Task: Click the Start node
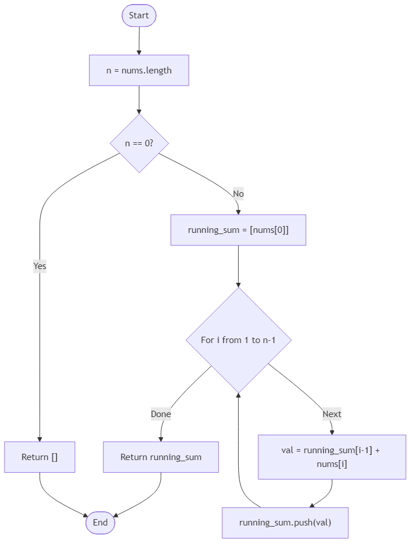coord(139,15)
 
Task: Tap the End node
coord(100,523)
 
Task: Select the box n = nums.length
coord(139,71)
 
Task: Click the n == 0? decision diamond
coord(139,143)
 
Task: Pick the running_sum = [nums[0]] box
coord(238,230)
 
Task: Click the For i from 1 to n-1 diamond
coord(238,340)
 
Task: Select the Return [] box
coord(40,457)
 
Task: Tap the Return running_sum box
coord(161,457)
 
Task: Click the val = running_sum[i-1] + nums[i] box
coord(331,457)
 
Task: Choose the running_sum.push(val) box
coord(285,523)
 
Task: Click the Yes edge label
coord(40,266)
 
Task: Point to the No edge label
coord(238,194)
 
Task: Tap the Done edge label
coord(161,414)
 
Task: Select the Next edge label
coord(331,414)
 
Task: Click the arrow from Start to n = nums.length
coord(139,40)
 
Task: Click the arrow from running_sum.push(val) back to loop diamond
coord(239,459)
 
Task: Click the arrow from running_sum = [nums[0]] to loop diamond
coord(238,267)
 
